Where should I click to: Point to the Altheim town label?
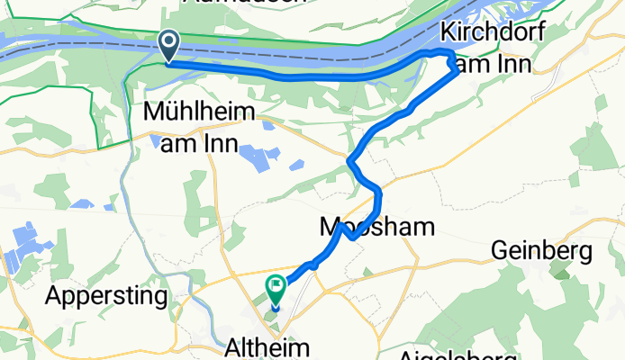[x=267, y=346]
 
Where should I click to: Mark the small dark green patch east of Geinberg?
[x=563, y=269]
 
